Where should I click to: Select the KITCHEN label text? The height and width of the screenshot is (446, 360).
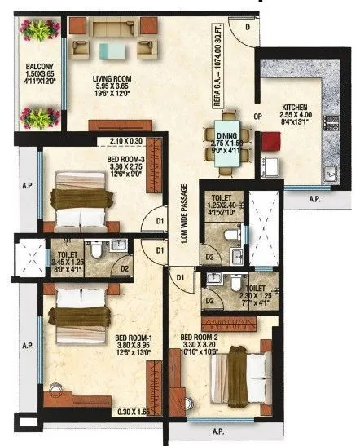(294, 107)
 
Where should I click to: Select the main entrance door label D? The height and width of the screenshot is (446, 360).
(248, 26)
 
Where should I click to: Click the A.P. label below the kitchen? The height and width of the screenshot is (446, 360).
(314, 198)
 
